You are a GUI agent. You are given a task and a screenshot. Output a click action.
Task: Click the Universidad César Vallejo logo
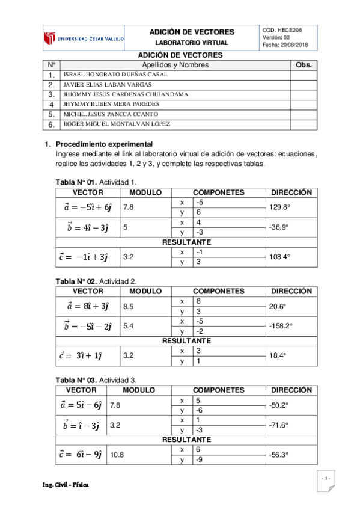pyautogui.click(x=84, y=38)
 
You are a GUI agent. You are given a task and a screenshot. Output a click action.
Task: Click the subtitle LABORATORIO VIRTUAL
pyautogui.click(x=192, y=43)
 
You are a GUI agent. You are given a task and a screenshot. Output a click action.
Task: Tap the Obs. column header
pyautogui.click(x=305, y=64)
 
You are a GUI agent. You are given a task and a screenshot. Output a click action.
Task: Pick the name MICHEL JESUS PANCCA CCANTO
pyautogui.click(x=111, y=114)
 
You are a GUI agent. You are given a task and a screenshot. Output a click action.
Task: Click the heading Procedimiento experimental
pyautogui.click(x=104, y=145)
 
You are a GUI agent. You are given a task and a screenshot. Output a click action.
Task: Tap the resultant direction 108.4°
pyautogui.click(x=279, y=256)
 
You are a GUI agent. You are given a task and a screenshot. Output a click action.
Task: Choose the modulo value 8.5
pyautogui.click(x=129, y=306)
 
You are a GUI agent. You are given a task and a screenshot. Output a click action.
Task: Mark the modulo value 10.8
pyautogui.click(x=117, y=455)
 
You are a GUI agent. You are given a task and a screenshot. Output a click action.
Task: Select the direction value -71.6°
pyautogui.click(x=279, y=425)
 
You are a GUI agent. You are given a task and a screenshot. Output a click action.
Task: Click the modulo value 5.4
pyautogui.click(x=129, y=326)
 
